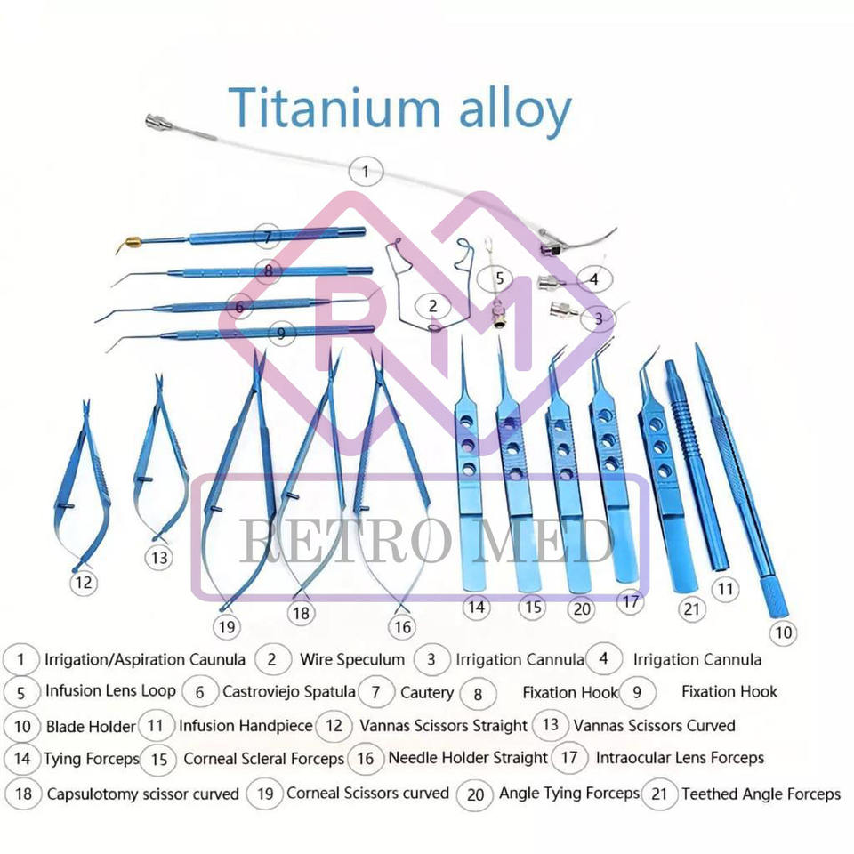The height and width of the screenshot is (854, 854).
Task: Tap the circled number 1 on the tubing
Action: [366, 169]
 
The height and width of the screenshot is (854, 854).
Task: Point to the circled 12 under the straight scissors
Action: [84, 583]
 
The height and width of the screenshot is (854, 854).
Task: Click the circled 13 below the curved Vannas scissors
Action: [159, 558]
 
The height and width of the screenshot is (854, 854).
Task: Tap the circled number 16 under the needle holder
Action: [402, 627]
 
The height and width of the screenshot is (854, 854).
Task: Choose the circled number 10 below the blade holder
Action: [783, 632]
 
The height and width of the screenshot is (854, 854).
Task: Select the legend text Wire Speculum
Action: [351, 660]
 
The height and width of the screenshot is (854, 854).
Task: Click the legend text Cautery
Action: [426, 692]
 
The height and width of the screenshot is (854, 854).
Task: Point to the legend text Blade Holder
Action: [90, 727]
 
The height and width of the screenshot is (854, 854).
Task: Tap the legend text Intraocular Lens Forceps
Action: [680, 759]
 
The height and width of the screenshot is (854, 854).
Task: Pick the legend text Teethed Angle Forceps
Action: [761, 794]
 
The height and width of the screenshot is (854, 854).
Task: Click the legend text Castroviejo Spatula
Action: [288, 691]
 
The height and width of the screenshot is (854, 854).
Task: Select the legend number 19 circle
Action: [264, 792]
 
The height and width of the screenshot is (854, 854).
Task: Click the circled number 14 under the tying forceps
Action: [475, 608]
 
